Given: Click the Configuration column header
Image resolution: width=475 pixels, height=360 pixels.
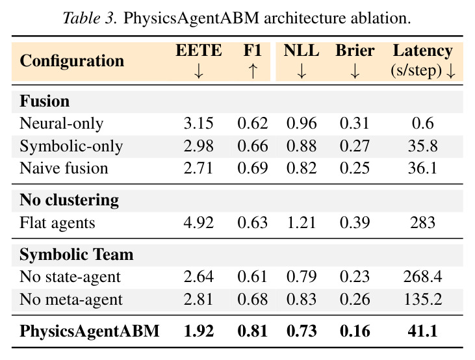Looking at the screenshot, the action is tap(71, 61).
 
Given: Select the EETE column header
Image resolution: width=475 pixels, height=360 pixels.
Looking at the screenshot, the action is tap(199, 50).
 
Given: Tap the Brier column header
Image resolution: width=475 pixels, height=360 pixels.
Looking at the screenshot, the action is tap(355, 50).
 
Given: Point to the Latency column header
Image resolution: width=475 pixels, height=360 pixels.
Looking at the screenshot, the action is tap(423, 50).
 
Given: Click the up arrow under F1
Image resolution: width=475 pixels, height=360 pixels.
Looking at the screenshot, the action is tap(253, 71).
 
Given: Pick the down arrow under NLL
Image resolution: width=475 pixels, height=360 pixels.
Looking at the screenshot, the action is tap(302, 71).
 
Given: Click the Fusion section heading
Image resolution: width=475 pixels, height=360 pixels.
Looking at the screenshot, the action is tap(45, 101).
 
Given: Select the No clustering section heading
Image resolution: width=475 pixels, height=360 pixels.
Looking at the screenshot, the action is tap(70, 200).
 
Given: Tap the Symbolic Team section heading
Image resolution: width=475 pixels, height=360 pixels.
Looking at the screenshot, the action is tap(76, 254).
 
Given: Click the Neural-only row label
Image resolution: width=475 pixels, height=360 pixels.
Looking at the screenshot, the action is tap(62, 123).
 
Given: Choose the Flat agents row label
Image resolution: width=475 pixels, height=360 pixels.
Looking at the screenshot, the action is tap(58, 223).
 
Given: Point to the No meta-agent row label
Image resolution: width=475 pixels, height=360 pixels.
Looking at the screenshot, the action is tap(71, 300).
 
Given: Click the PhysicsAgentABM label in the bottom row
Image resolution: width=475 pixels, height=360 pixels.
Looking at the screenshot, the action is tap(90, 331).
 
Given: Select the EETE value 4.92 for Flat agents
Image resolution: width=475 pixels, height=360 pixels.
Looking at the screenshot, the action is tap(199, 223).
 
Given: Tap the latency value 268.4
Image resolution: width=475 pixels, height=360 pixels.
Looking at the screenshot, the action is tap(422, 277).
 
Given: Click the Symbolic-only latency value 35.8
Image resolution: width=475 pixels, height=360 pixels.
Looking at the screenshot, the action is tap(422, 146).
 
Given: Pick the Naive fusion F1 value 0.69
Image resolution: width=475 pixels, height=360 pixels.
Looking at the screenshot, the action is tap(253, 168).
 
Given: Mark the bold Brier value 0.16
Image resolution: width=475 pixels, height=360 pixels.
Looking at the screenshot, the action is tap(355, 331).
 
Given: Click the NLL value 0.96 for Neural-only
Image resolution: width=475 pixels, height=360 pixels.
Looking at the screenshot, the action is tap(302, 123).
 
